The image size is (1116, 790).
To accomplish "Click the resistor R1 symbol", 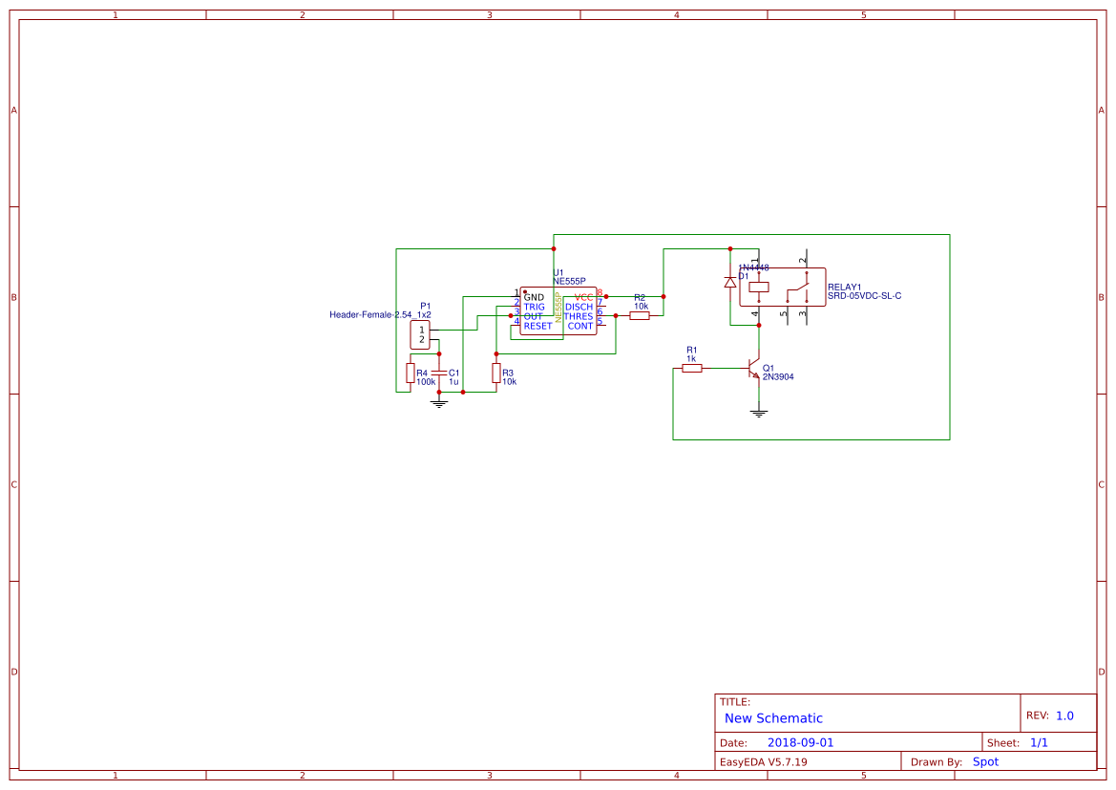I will [x=692, y=368].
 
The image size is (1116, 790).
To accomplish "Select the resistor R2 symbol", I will [x=640, y=315].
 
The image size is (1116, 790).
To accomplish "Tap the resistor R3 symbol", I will [x=495, y=372].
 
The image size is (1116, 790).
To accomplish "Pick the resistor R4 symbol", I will [x=410, y=373].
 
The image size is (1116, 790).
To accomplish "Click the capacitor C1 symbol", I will [x=439, y=372].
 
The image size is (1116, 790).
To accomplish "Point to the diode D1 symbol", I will [x=730, y=282].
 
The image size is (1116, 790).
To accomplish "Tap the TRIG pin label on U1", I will [x=534, y=307].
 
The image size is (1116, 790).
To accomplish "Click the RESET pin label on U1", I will [x=537, y=326].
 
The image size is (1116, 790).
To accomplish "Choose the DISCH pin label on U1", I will [x=579, y=307].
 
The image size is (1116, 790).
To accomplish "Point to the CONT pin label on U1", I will [x=580, y=326].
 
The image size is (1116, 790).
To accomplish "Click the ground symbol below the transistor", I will [x=759, y=413].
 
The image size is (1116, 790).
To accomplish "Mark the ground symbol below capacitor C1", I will [x=439, y=402].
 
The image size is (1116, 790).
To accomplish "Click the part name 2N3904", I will [x=778, y=376].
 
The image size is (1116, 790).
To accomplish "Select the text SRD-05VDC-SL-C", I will [x=864, y=296].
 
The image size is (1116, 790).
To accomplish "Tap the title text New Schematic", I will [x=773, y=718].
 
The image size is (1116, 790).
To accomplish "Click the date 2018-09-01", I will [x=800, y=742].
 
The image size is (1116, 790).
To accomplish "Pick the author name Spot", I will [x=985, y=761].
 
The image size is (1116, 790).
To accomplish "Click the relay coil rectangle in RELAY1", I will [x=759, y=286].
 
